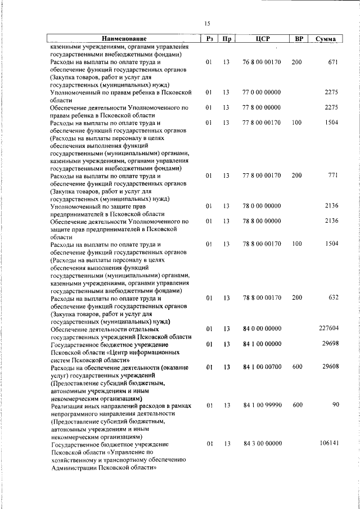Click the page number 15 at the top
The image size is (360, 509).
[x=207, y=23]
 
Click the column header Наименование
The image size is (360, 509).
[x=124, y=39]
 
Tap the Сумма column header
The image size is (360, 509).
[x=326, y=39]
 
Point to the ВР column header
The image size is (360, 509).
[x=299, y=39]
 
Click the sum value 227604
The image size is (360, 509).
[x=328, y=328]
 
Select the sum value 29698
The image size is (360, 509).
[x=330, y=344]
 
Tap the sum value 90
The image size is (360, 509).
[x=334, y=405]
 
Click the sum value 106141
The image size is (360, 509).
[x=328, y=443]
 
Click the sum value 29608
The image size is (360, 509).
[x=330, y=367]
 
